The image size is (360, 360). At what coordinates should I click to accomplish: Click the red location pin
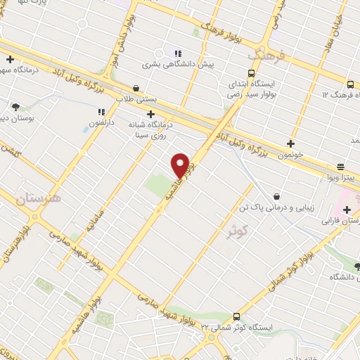point(180,165)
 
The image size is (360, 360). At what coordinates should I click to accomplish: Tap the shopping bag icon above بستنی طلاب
point(136,89)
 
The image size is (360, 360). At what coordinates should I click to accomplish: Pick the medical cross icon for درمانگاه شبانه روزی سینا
point(150,114)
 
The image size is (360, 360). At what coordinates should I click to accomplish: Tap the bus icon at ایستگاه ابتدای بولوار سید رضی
point(251,73)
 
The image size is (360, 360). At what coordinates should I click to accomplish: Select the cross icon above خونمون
point(290,143)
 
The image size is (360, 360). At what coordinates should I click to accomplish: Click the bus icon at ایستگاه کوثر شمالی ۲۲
point(236,316)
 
